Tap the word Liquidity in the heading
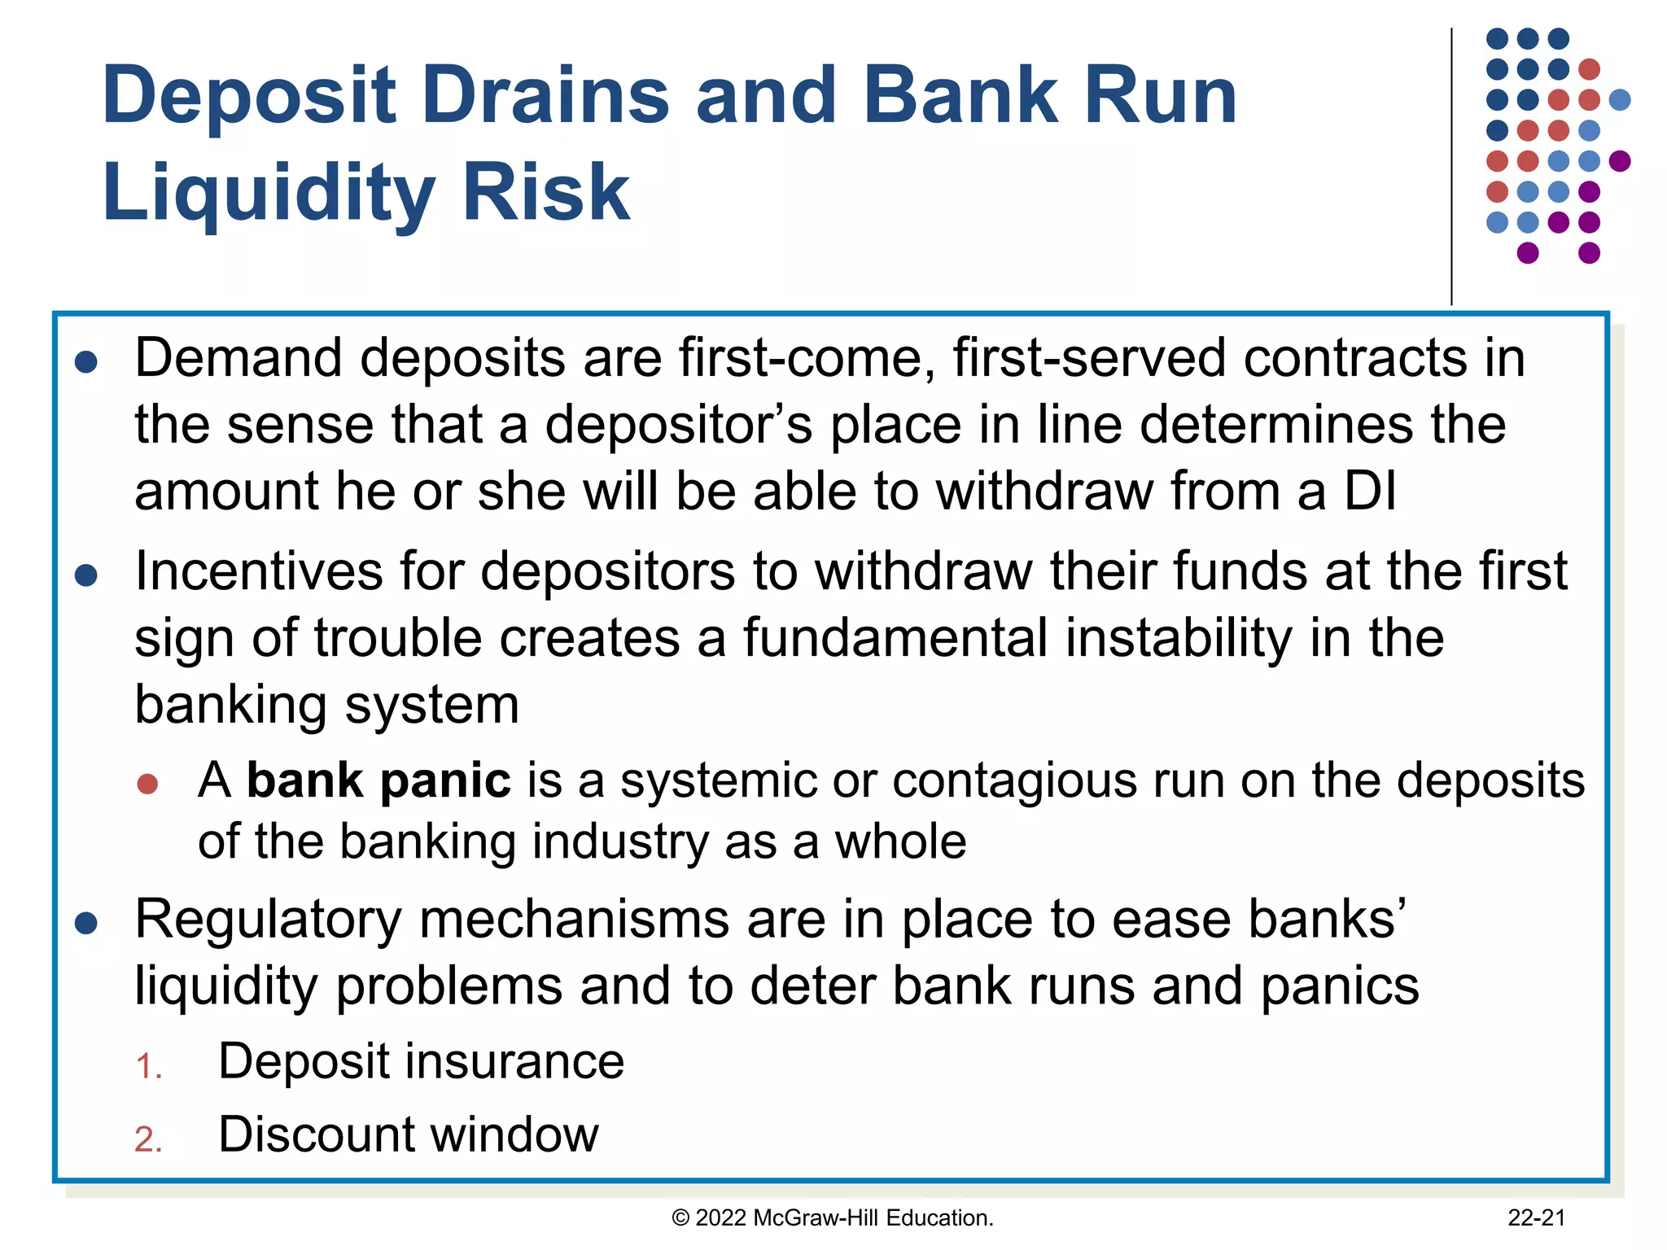point(269,194)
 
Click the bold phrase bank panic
point(378,780)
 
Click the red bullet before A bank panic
point(147,784)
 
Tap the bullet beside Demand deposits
point(86,362)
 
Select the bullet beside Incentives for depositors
point(86,576)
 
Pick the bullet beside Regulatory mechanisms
point(86,923)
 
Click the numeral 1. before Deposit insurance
point(149,1067)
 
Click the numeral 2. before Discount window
point(149,1139)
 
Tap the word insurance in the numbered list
point(514,1062)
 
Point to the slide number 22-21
point(1536,1218)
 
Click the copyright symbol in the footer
point(680,1218)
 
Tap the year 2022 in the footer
point(721,1218)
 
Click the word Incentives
point(259,571)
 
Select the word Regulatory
point(269,920)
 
